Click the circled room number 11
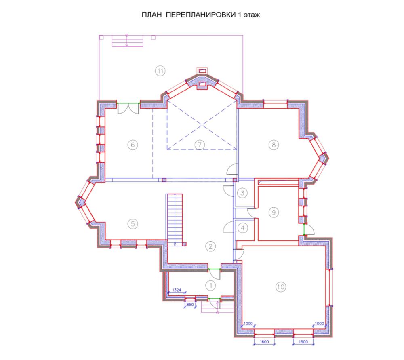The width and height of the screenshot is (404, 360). tap(160, 71)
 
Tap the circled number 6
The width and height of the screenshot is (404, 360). tap(133, 145)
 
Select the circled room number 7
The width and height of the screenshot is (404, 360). tap(200, 145)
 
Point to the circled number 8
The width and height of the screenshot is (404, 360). tap(274, 145)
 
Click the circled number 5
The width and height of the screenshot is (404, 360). tap(133, 224)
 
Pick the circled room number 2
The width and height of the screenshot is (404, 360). tap(210, 246)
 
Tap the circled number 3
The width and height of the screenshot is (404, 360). tap(242, 193)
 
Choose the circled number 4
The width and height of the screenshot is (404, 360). tap(242, 228)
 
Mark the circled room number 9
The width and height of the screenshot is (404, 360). tap(274, 213)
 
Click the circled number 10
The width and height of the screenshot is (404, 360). tap(281, 287)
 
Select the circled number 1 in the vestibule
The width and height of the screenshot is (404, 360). tap(210, 286)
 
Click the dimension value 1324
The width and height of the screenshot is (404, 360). tap(177, 290)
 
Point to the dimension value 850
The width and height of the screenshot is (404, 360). tap(190, 305)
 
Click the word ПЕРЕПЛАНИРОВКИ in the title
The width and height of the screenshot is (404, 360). tap(201, 15)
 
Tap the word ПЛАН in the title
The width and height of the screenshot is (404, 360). tap(151, 15)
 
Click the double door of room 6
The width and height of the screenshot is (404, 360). tap(128, 108)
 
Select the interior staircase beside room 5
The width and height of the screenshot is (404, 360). tap(175, 220)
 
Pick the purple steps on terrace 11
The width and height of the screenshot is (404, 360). tap(127, 41)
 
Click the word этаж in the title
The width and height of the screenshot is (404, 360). tap(252, 15)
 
